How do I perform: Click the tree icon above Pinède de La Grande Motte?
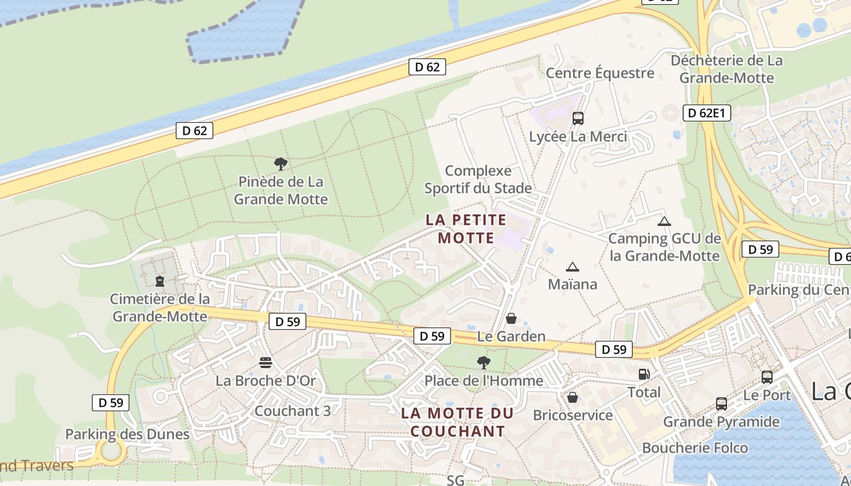[280, 163]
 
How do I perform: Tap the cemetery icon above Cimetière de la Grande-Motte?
[160, 281]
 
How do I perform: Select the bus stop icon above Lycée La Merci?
[577, 118]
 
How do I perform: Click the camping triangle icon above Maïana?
[572, 267]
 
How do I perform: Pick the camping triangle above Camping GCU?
[664, 221]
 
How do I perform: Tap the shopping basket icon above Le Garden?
[511, 318]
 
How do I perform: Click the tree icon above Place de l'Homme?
[484, 363]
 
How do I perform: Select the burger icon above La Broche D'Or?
[266, 363]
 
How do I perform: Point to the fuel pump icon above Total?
[644, 374]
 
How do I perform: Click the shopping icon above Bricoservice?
[572, 397]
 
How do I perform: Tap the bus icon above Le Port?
[767, 377]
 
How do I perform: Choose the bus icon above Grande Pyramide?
[722, 403]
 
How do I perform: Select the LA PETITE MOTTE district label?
[466, 228]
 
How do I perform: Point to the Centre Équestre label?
[600, 74]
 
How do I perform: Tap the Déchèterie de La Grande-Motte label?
[726, 69]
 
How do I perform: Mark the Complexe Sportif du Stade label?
[478, 179]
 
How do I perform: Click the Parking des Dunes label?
[127, 434]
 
